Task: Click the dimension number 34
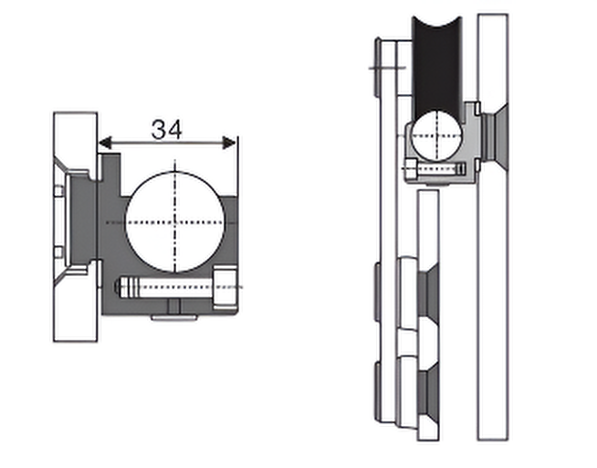166,130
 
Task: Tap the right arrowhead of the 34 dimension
231,143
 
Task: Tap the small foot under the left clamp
176,317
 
